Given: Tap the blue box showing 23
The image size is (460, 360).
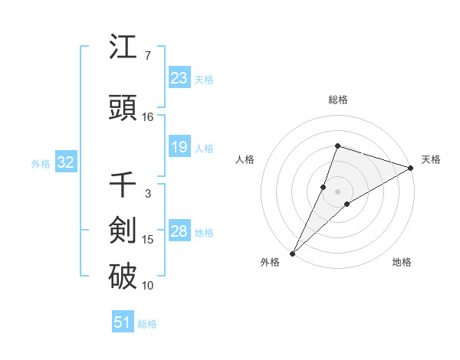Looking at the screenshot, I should (x=179, y=77).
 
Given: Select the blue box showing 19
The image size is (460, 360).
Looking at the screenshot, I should (x=179, y=147).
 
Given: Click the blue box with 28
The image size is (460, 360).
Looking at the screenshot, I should (x=179, y=231).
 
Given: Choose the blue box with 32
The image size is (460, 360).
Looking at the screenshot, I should (x=65, y=162).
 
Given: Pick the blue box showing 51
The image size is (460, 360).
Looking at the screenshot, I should (x=123, y=322).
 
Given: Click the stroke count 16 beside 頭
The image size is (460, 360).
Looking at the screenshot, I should (x=148, y=116).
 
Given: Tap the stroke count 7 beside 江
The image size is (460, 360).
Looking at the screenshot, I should (x=147, y=56).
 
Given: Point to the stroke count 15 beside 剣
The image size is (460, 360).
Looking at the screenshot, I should (x=148, y=240).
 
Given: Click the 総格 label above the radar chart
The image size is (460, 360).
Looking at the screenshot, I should (x=337, y=100).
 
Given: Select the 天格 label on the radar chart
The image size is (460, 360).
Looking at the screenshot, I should (x=431, y=159).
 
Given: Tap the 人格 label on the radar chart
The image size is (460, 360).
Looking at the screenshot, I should (x=245, y=159).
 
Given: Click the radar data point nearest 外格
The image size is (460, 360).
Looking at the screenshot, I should (x=292, y=253).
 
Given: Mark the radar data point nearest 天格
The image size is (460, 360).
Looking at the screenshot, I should (x=411, y=168).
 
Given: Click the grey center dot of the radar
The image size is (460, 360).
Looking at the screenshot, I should (x=337, y=191).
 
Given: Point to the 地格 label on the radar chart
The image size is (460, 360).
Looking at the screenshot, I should (x=402, y=262).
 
